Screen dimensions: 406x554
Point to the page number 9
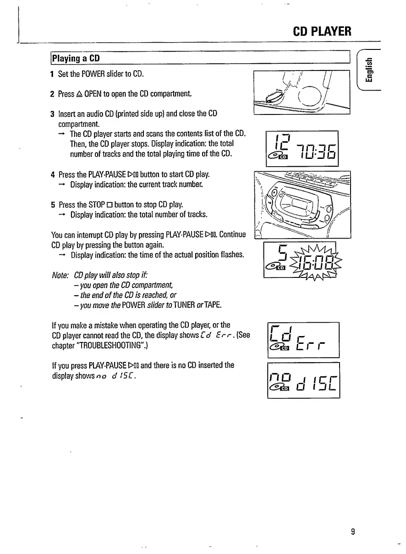click(x=353, y=532)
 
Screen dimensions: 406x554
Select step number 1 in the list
click(x=53, y=74)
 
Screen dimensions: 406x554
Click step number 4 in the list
click(x=53, y=174)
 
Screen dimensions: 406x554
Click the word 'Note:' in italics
click(x=60, y=275)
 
